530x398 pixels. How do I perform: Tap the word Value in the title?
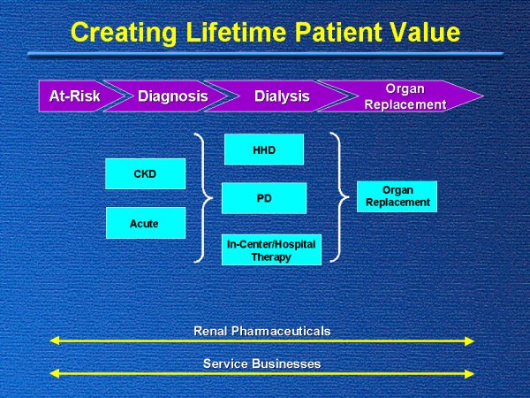pos(424,33)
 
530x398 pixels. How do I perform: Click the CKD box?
pos(145,173)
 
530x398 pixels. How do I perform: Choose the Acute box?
pos(145,223)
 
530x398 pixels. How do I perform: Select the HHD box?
pos(264,149)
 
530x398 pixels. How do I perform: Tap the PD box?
pos(264,198)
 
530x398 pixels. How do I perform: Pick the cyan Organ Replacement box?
pos(397,196)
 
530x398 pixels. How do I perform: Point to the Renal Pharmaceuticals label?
pos(261,331)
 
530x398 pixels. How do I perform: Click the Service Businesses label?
pos(261,364)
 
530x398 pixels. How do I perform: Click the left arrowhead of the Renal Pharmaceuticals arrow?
pos(55,341)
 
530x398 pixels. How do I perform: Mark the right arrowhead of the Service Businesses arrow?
pos(470,373)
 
